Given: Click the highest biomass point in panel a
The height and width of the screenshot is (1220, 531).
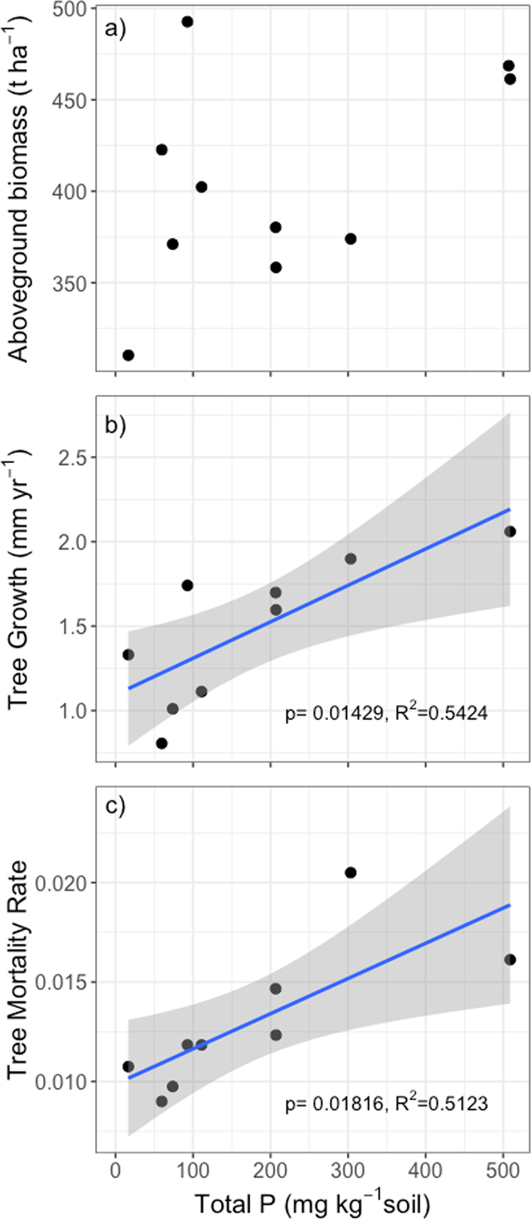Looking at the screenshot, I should (x=187, y=22).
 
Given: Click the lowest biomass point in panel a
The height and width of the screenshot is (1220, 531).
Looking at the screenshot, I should (x=128, y=356).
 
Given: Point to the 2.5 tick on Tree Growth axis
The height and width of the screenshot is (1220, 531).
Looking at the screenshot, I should (x=73, y=458).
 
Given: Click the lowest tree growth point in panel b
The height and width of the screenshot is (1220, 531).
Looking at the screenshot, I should (x=162, y=744).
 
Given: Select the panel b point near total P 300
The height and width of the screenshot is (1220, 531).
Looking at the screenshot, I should (x=351, y=558).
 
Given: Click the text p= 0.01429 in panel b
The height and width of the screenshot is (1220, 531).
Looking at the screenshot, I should (x=333, y=713).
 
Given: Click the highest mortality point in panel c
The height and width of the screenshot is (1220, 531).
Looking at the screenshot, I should (x=351, y=873).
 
